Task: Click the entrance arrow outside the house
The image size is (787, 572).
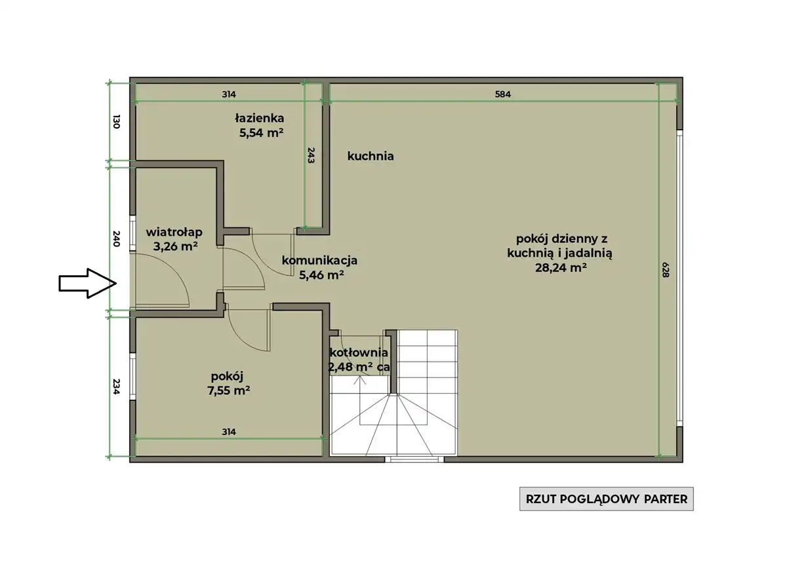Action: point(87,284)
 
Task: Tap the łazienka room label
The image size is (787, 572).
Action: point(260,118)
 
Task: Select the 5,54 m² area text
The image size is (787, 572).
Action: point(262,133)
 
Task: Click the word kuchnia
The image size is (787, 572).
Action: point(371,156)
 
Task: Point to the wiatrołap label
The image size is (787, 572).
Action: point(174,232)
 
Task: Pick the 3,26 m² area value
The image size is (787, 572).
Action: point(175,246)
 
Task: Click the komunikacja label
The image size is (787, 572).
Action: point(319,260)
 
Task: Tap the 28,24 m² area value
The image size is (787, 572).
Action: point(561,268)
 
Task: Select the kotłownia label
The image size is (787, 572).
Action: point(359,353)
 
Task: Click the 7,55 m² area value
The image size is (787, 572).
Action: point(229,391)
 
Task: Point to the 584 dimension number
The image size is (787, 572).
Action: point(503,94)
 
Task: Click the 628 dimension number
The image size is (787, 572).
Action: point(666,269)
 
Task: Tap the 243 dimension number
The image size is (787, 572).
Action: point(311,155)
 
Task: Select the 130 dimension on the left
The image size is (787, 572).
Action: point(117,121)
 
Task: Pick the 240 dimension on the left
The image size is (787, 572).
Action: point(117,238)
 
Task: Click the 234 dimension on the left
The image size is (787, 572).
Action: point(117,387)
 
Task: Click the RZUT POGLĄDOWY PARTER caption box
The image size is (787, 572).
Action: point(607,499)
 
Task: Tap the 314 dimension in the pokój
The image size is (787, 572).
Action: point(229,432)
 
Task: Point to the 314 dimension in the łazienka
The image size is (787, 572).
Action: point(229,94)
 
